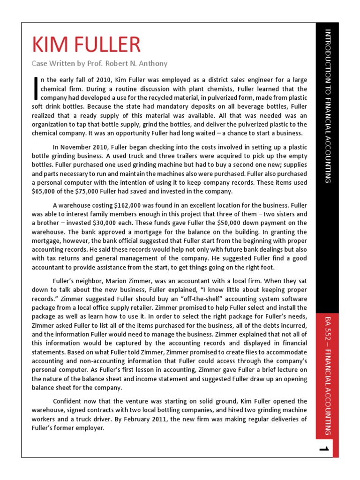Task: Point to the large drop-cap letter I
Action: pos(35,89)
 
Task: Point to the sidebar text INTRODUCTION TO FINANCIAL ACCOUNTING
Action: pos(327,105)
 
